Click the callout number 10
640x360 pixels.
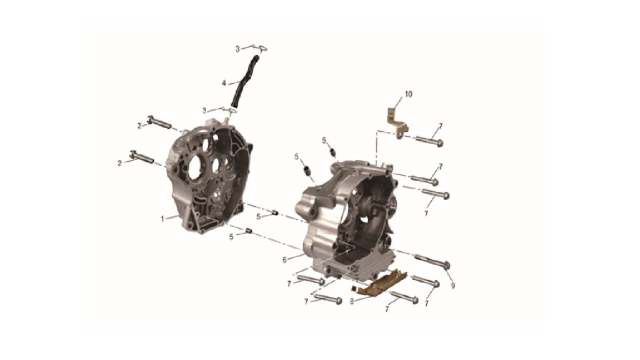(x=408, y=94)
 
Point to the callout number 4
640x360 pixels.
(x=224, y=83)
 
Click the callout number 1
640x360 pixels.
(x=162, y=219)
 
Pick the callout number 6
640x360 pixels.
(x=284, y=259)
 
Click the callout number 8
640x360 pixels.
(x=352, y=302)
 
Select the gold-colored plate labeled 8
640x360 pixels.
(x=379, y=282)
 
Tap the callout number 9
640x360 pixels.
(x=453, y=286)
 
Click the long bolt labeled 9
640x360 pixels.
(x=432, y=261)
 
